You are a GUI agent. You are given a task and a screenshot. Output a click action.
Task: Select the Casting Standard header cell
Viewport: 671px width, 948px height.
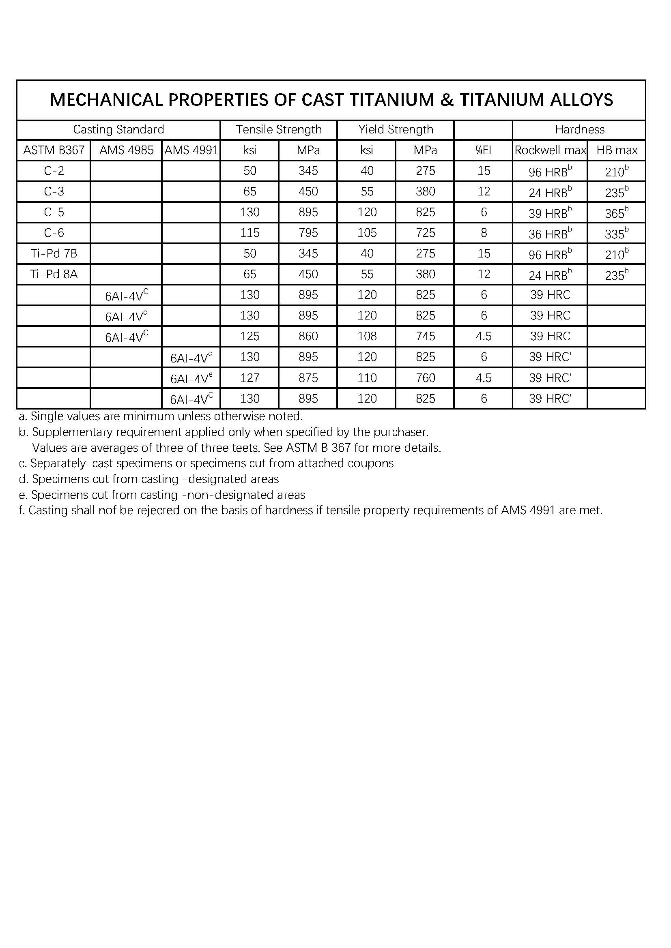tap(118, 130)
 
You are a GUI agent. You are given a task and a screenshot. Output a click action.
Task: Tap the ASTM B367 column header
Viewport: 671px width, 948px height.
tap(54, 150)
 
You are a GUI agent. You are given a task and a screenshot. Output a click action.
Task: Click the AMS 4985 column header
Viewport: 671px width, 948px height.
tap(127, 150)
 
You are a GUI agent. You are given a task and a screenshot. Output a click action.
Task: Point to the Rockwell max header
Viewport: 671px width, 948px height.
tap(550, 150)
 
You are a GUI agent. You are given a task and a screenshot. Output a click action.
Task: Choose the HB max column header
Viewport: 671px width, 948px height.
tap(617, 150)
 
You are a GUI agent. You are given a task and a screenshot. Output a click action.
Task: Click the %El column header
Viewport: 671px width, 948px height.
tap(484, 150)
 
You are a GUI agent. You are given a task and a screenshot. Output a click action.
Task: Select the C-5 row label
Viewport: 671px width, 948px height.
tap(54, 212)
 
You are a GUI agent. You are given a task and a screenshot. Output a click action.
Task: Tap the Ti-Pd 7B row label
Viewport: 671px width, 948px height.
tap(54, 253)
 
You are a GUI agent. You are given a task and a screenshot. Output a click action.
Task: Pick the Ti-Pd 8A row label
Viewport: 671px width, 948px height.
tap(54, 274)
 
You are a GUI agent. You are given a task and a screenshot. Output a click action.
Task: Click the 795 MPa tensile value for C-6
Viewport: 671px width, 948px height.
tap(308, 233)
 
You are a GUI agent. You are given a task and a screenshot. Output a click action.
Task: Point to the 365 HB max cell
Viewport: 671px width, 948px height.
tap(617, 212)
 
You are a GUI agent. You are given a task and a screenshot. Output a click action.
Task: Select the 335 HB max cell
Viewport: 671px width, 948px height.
tap(617, 233)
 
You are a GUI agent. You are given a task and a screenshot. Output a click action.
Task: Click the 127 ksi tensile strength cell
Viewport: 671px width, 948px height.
tap(250, 378)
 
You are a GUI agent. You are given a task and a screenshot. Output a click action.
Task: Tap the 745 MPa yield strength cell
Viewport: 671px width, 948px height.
tap(425, 336)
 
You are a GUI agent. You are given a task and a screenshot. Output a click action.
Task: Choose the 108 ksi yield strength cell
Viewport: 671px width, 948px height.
tap(367, 336)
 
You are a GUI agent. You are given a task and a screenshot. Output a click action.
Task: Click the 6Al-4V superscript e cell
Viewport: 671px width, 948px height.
tap(191, 378)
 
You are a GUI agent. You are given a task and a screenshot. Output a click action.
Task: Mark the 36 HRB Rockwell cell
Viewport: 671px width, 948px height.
tap(550, 233)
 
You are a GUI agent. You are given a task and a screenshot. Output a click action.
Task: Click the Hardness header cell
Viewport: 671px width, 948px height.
tap(579, 130)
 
